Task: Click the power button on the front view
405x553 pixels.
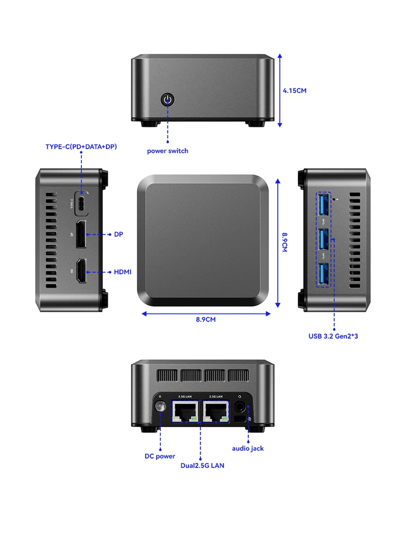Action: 168,100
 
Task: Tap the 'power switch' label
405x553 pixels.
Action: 168,151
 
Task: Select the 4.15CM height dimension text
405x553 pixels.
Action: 294,90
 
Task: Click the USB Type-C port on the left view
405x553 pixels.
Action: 81,203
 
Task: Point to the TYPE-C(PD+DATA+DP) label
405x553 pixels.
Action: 81,147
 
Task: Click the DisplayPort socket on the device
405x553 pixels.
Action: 81,234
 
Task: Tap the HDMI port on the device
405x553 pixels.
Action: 81,271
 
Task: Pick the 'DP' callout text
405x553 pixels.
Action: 118,234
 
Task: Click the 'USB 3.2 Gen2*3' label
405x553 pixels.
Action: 334,336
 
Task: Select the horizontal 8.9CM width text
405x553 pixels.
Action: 206,319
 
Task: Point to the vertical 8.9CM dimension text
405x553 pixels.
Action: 285,242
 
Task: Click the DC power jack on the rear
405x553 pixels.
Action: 161,408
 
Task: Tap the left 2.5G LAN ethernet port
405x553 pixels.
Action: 185,411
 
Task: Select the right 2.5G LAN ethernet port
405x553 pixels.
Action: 216,411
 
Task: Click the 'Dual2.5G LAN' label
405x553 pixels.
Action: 202,465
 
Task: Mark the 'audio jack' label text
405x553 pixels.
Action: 248,448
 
